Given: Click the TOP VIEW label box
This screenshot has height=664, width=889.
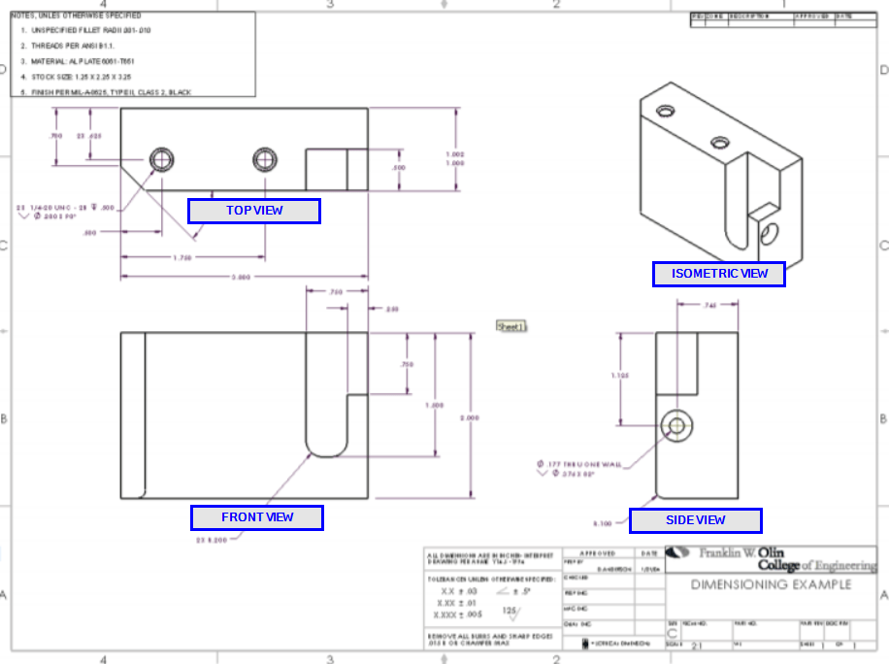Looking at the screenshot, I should pyautogui.click(x=253, y=211).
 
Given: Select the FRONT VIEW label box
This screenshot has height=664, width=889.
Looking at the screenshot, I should pyautogui.click(x=257, y=517).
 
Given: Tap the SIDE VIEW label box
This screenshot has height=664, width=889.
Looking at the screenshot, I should pyautogui.click(x=695, y=520).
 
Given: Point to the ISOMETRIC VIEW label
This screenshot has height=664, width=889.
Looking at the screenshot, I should pyautogui.click(x=718, y=274).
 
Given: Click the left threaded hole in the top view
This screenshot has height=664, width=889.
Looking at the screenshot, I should pyautogui.click(x=161, y=159).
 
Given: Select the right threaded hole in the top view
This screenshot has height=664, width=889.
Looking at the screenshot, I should pyautogui.click(x=264, y=159).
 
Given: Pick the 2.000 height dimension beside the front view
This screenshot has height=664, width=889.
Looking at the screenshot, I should pyautogui.click(x=469, y=417).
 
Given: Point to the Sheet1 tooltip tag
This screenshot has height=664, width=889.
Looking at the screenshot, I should pyautogui.click(x=510, y=327).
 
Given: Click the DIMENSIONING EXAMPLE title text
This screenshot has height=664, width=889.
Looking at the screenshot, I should pyautogui.click(x=771, y=584).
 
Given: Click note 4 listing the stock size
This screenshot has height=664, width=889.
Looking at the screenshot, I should pyautogui.click(x=78, y=75).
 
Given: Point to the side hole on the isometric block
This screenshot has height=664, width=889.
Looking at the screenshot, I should pyautogui.click(x=771, y=233).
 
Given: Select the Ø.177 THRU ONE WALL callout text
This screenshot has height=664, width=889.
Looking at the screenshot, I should pyautogui.click(x=579, y=465).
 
